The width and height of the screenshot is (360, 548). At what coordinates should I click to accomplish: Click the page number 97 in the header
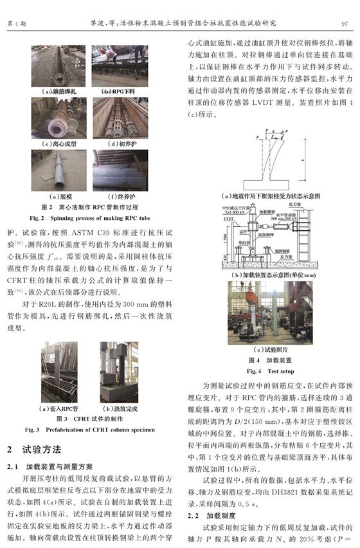click(344, 23)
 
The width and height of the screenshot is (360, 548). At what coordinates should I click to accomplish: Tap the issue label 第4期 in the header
click(15, 23)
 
